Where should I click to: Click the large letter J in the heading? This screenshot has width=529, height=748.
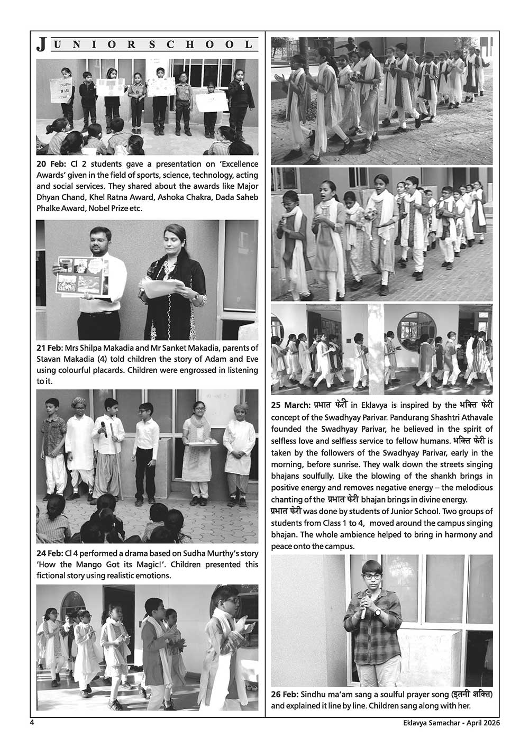pyautogui.click(x=41, y=45)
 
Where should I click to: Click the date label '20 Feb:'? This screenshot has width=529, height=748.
pyautogui.click(x=52, y=165)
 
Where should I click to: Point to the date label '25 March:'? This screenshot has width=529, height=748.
pyautogui.click(x=290, y=406)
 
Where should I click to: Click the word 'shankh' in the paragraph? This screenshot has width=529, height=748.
pyautogui.click(x=448, y=476)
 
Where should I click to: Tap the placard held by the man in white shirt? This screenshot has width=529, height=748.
pyautogui.click(x=82, y=275)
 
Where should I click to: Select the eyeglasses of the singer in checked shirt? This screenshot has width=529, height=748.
pyautogui.click(x=370, y=576)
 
